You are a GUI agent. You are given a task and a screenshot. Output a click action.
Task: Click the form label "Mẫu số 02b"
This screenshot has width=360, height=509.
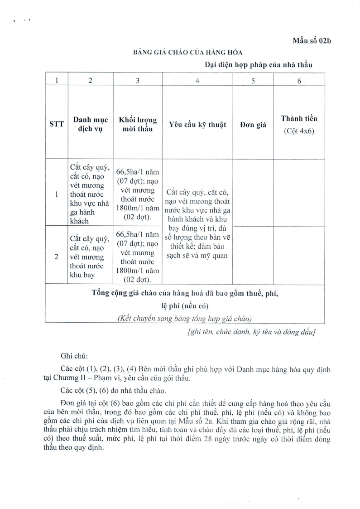tap(312, 41)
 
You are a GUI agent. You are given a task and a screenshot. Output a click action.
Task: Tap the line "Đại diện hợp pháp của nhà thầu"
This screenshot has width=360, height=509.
tap(259, 65)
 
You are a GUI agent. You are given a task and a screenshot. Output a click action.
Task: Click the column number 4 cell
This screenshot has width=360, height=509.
tap(197, 81)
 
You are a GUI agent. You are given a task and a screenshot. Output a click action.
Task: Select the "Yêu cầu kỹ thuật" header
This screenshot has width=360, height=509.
tap(197, 124)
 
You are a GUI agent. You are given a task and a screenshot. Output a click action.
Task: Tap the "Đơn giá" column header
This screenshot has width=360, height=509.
tap(253, 125)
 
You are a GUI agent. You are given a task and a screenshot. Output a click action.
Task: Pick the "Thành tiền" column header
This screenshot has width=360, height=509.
tap(299, 119)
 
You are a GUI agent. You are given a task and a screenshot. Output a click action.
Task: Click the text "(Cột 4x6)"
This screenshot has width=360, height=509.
tap(299, 131)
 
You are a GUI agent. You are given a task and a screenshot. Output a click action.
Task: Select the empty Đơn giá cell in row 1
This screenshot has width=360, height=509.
tap(253, 194)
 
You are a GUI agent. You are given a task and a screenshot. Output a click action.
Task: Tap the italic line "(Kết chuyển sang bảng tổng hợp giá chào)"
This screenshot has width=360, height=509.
tap(184, 318)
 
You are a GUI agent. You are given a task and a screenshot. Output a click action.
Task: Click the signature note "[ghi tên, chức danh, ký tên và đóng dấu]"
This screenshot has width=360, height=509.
tap(251, 332)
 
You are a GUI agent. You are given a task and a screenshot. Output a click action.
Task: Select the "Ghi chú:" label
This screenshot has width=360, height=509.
tap(72, 356)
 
